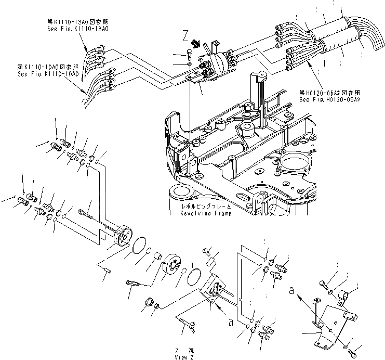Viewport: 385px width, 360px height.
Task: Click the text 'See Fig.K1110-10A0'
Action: [x=47, y=74]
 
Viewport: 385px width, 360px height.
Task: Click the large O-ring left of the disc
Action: [x=139, y=243]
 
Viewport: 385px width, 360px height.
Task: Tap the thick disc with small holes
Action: [x=172, y=264]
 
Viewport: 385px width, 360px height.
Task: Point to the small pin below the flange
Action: [x=108, y=269]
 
